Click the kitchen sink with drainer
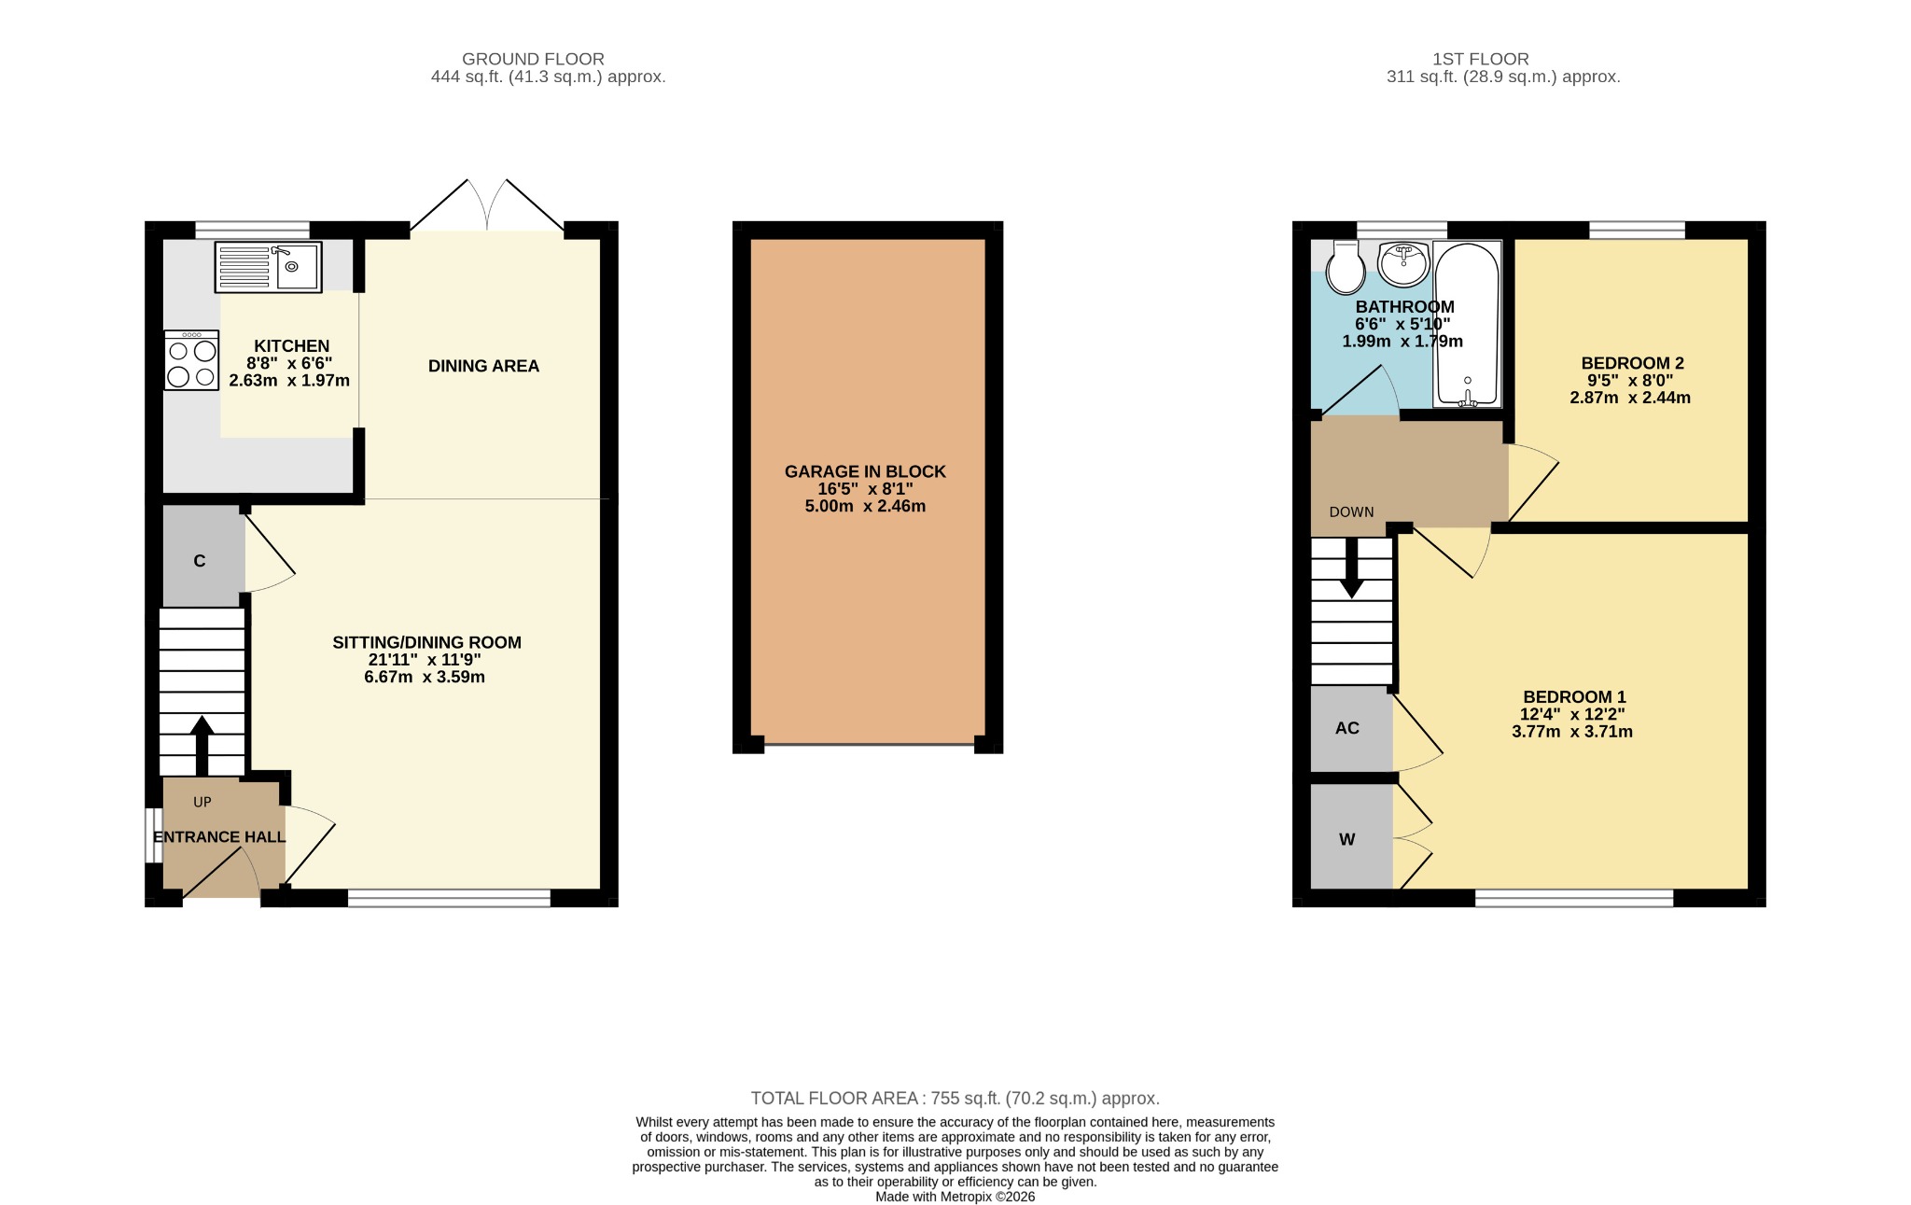[x=268, y=267]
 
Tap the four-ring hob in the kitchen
[x=191, y=360]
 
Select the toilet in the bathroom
[x=1345, y=267]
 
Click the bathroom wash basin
[x=1403, y=264]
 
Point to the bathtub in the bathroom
[x=1467, y=325]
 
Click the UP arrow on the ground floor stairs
[x=202, y=745]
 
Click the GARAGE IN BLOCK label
[x=865, y=472]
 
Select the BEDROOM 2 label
[x=1632, y=364]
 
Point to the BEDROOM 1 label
[x=1574, y=697]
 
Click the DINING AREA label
[x=483, y=367]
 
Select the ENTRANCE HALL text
[x=219, y=837]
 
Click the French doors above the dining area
[x=487, y=205]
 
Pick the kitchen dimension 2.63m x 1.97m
[x=289, y=381]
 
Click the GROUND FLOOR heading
[x=533, y=59]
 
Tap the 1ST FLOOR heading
[x=1481, y=59]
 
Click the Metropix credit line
[x=955, y=1197]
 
